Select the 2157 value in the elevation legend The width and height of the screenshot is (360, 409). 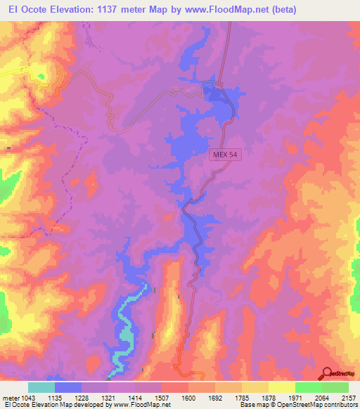[x=348, y=397]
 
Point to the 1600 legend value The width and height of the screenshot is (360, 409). [x=187, y=397]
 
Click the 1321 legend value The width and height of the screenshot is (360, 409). [x=108, y=397]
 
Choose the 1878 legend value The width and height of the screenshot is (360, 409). [x=268, y=397]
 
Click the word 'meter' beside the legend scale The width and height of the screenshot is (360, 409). [x=9, y=397]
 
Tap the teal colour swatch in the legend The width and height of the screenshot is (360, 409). [x=41, y=387]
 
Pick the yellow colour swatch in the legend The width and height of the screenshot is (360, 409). [x=281, y=387]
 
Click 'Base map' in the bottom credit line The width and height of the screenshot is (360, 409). [x=250, y=405]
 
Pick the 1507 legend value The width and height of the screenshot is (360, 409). [x=161, y=397]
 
